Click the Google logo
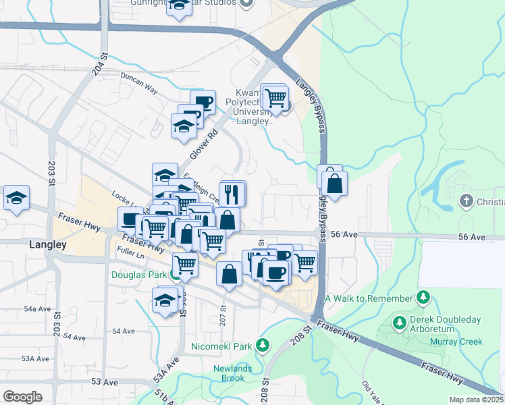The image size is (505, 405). [x=22, y=397]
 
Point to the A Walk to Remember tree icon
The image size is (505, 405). [x=423, y=298]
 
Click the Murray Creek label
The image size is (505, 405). [x=456, y=342]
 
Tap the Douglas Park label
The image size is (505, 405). [x=138, y=275]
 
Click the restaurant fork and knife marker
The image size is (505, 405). [x=232, y=194]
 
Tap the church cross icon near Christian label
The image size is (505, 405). [x=465, y=200]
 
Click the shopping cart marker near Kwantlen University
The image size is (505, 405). [x=275, y=98]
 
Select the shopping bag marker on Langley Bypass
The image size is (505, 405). [x=334, y=183]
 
